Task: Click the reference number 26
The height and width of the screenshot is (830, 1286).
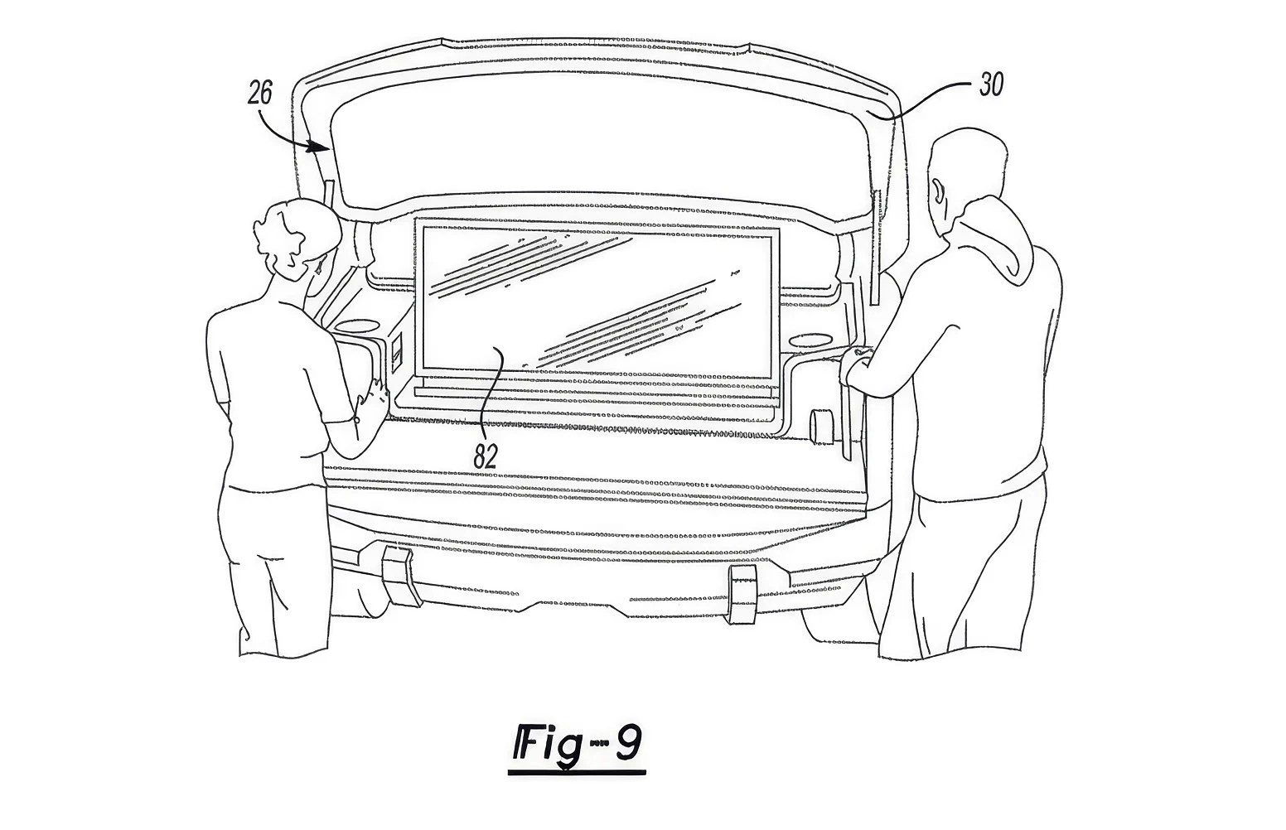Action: tap(260, 93)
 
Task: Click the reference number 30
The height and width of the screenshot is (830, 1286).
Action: tap(991, 85)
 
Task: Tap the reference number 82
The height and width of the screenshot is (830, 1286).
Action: tap(485, 456)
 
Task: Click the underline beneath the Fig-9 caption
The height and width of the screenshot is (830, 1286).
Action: tap(577, 773)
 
